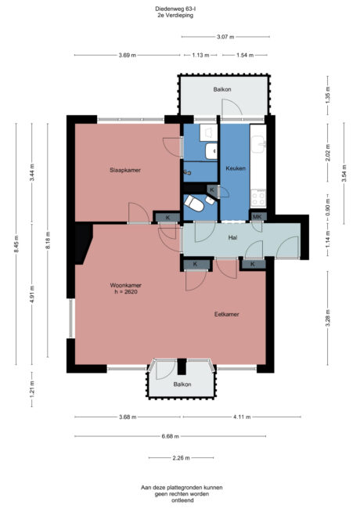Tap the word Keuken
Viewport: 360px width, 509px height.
236,169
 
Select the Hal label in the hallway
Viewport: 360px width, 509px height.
232,236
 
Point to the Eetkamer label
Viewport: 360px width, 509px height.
227,314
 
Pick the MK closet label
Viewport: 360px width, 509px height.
257,216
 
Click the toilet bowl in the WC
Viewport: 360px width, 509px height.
194,203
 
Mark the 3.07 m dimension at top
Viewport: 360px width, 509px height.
225,37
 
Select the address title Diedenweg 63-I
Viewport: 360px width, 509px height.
177,9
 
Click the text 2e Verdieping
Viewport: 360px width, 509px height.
176,16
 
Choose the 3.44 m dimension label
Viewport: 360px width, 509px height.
32,170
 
